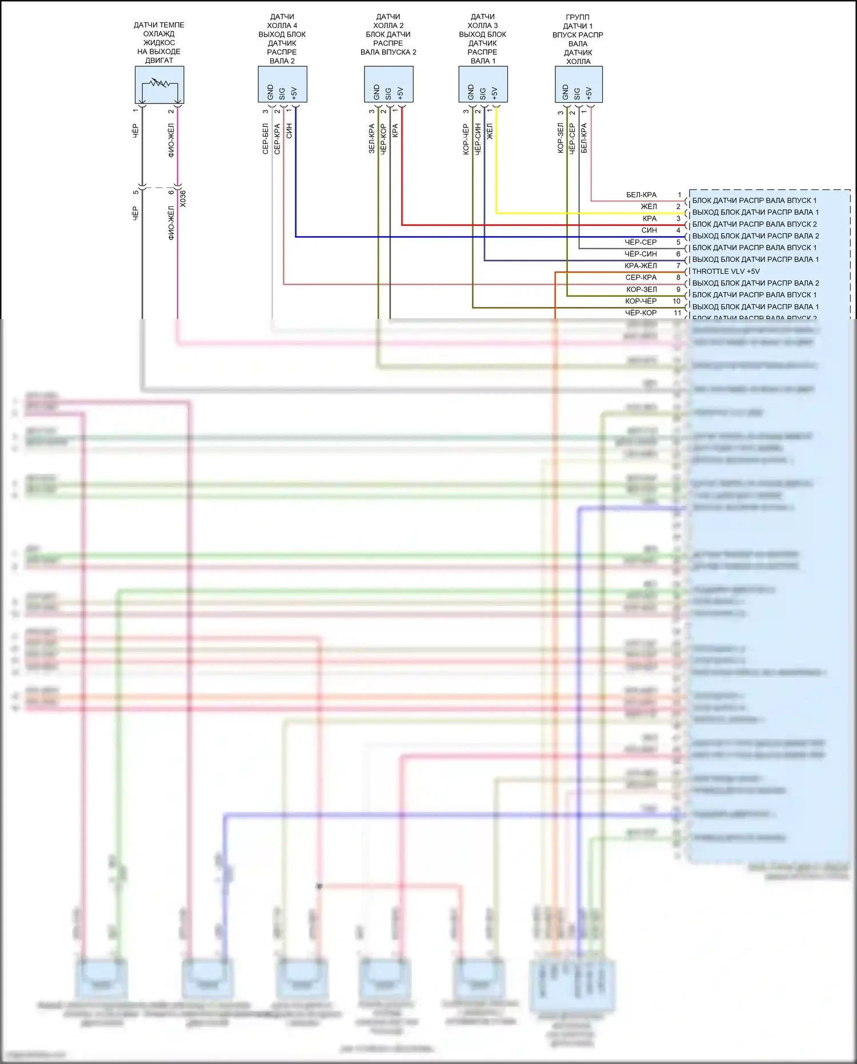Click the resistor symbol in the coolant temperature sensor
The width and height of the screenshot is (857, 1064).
159,83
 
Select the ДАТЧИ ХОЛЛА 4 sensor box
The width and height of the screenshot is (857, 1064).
282,84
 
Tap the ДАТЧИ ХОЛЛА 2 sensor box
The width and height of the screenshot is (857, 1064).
389,84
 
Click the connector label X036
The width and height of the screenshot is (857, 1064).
183,198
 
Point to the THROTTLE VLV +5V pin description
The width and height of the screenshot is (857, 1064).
726,272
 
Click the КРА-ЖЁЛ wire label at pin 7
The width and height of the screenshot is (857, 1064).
640,266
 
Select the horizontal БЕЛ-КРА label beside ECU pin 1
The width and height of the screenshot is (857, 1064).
641,195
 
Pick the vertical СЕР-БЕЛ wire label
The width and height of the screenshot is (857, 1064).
266,139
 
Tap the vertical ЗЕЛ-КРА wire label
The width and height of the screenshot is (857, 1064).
372,139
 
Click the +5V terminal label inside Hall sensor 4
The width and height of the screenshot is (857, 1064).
294,93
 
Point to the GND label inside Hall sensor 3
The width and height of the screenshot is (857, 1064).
471,92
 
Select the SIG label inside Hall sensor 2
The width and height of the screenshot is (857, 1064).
389,93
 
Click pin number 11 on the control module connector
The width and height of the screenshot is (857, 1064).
678,313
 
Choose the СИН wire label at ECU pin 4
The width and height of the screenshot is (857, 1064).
649,230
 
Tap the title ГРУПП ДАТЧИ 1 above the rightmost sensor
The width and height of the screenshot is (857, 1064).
578,22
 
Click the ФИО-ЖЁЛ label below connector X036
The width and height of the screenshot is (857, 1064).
171,223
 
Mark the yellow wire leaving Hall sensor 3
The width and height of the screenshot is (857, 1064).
496,166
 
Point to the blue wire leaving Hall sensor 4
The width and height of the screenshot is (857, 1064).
295,172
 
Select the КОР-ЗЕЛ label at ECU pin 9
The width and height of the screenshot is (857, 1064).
641,289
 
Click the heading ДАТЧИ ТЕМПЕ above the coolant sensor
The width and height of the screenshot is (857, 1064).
159,25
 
